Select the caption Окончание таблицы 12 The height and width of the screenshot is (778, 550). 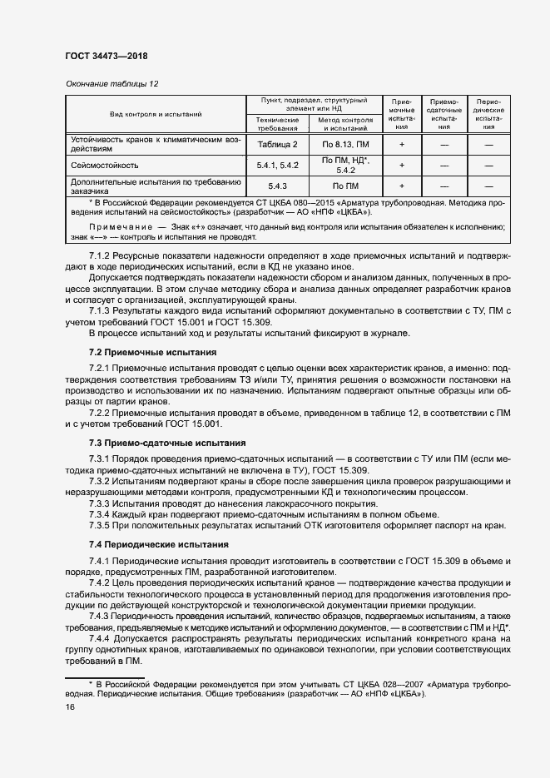[111, 84]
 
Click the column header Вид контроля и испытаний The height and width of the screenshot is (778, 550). [156, 114]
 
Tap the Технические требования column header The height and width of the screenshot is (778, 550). [278, 124]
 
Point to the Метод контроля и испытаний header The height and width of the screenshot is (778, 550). [344, 124]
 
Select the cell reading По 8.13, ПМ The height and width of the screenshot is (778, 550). [344, 144]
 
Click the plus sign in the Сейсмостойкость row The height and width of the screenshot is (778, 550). [402, 165]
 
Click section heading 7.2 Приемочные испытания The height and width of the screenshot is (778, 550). [152, 353]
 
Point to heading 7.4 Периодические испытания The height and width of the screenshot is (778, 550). [158, 544]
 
